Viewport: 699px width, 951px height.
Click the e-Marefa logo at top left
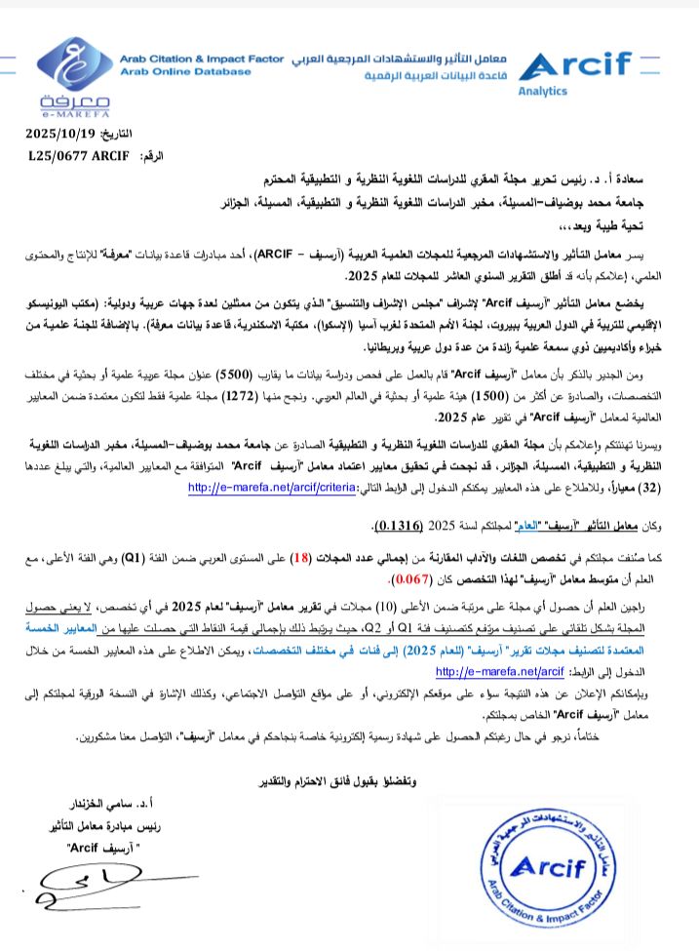tap(75, 75)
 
